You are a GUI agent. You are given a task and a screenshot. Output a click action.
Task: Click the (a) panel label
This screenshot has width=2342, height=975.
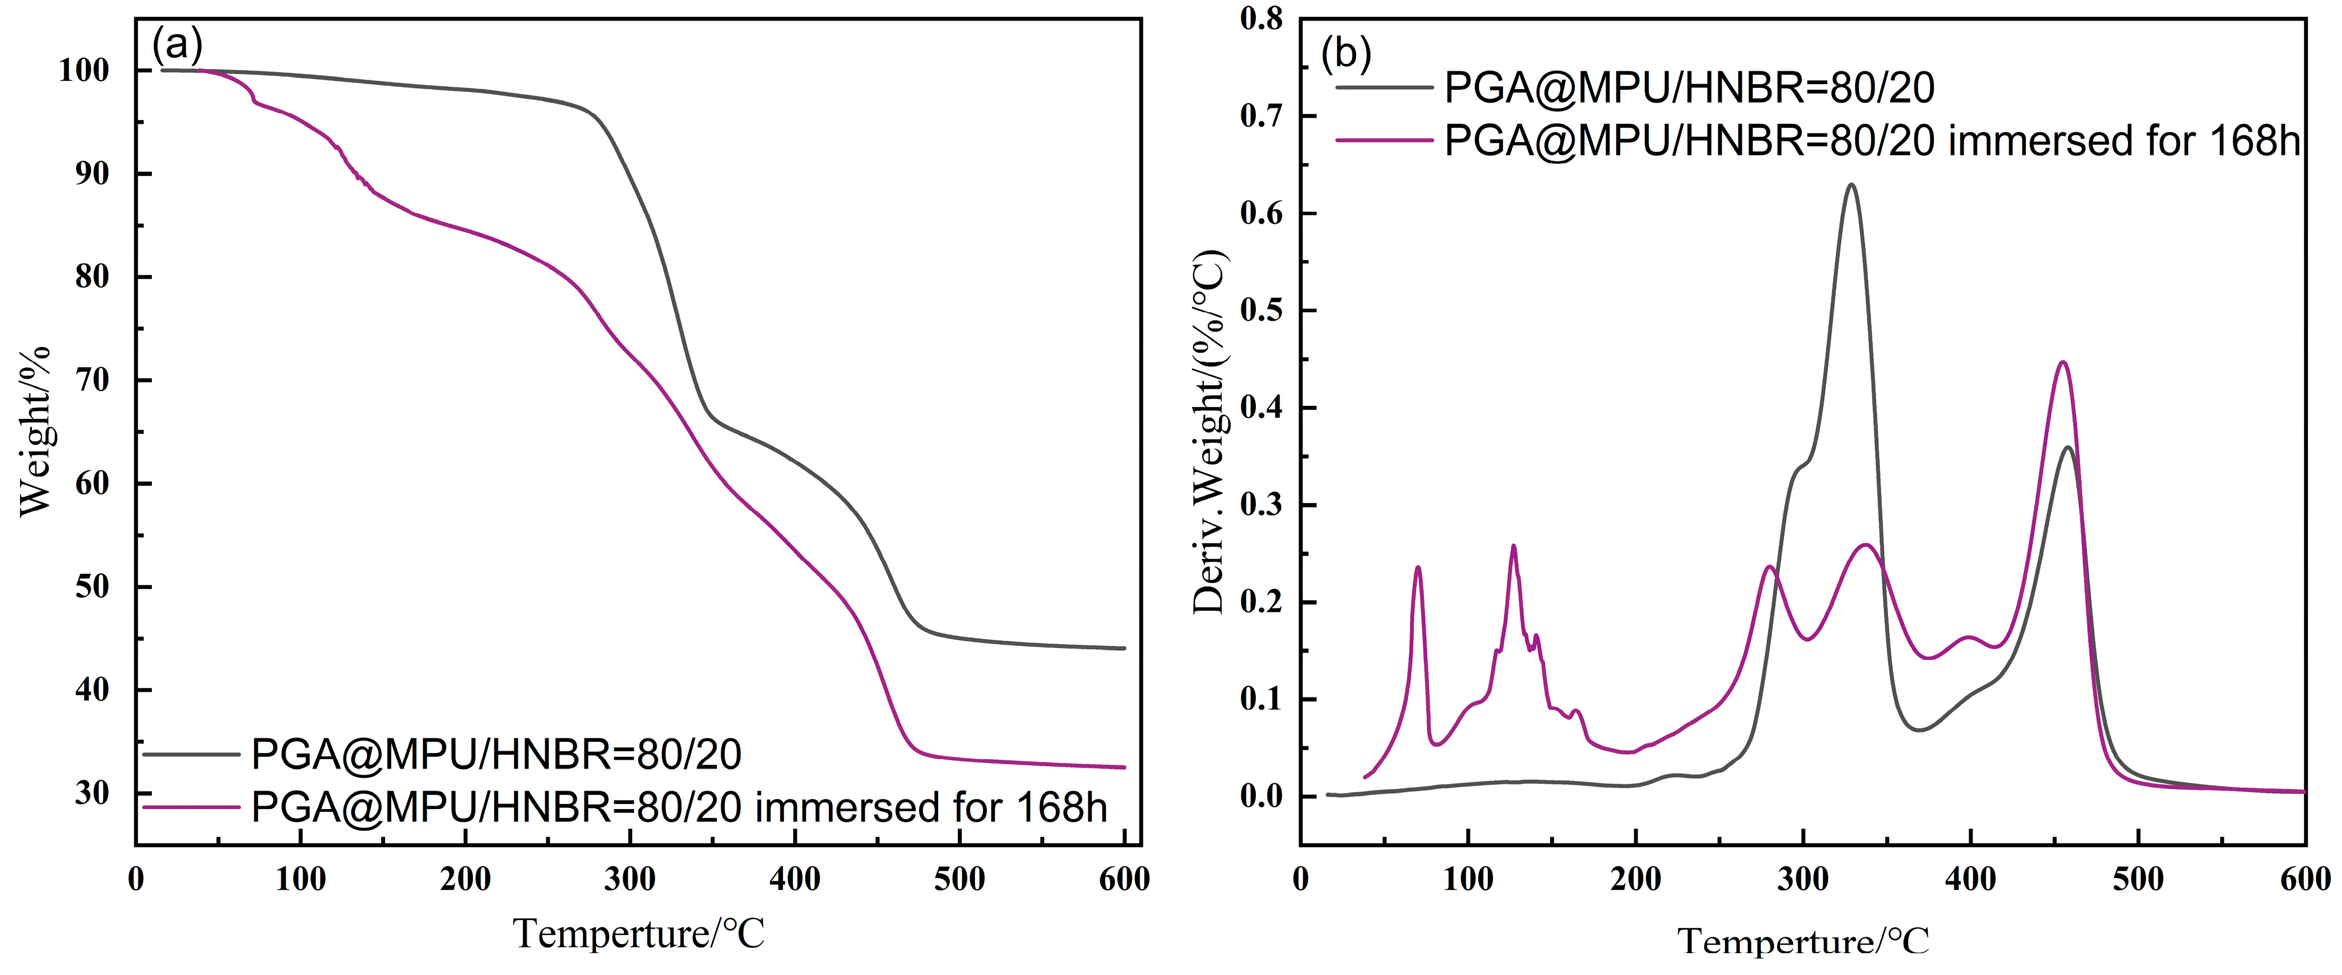pyautogui.click(x=177, y=43)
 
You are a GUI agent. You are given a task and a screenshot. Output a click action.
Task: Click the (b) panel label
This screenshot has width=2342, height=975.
pyautogui.click(x=1346, y=54)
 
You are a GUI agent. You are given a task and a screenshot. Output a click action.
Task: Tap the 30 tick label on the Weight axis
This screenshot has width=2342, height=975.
pyautogui.click(x=92, y=793)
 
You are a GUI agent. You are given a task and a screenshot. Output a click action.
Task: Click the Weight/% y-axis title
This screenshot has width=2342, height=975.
pyautogui.click(x=35, y=432)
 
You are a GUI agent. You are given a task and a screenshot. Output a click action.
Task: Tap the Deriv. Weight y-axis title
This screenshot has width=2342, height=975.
pyautogui.click(x=1209, y=432)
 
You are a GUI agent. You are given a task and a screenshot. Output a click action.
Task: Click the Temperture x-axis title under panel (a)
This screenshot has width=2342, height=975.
pyautogui.click(x=639, y=934)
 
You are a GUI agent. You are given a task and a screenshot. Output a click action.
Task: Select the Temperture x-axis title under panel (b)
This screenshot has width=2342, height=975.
pyautogui.click(x=1803, y=940)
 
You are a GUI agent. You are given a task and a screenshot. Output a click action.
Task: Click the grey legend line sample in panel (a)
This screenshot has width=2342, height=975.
pyautogui.click(x=191, y=754)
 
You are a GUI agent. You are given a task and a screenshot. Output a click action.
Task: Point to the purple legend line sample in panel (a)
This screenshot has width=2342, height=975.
pyautogui.click(x=191, y=807)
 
